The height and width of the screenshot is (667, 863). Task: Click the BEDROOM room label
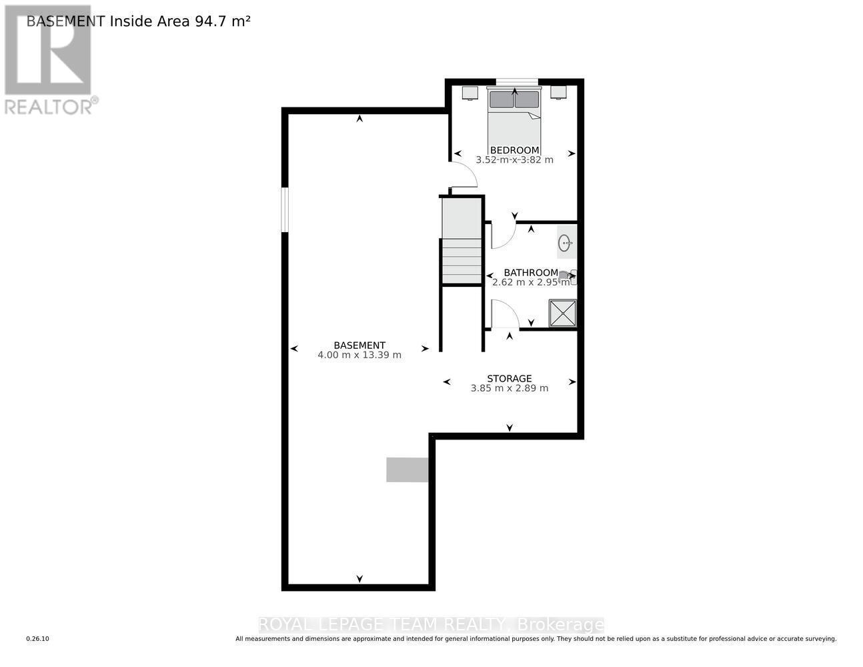coord(514,150)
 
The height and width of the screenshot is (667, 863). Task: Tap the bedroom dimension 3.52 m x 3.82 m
coord(514,160)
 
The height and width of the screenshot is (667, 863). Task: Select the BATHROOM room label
coord(530,272)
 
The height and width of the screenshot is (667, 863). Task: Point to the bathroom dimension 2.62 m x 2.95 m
coord(530,282)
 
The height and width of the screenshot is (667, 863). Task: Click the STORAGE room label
coord(509,378)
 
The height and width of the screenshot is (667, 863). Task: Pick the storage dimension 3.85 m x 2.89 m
coord(509,388)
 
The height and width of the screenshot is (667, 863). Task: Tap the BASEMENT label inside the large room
coord(359,345)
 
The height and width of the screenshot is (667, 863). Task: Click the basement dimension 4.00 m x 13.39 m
coord(359,355)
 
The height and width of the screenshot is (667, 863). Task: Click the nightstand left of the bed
coord(470,92)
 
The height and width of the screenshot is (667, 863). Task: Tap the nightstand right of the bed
coord(558,92)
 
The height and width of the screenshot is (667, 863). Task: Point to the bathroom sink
coord(566,243)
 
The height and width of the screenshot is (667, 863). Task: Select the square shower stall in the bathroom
coord(562,313)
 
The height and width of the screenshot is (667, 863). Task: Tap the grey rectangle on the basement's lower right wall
coord(407,470)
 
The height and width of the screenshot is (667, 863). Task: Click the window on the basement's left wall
coord(285,209)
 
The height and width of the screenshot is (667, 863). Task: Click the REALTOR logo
coord(49,60)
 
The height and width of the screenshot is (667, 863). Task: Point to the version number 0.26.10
coord(37,639)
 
